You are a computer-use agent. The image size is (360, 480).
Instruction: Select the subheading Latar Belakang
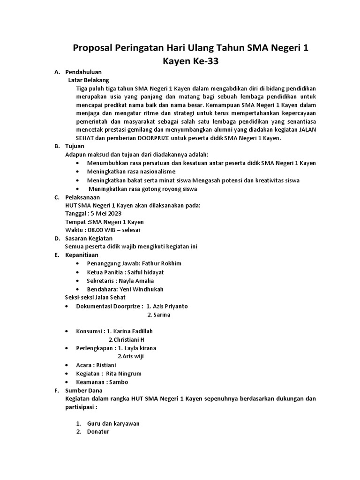pos(89,80)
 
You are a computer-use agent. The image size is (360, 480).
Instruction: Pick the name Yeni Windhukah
pos(142,289)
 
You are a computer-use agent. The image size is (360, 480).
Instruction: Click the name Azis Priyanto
pos(167,306)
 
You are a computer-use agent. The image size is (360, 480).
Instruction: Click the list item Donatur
pos(98,432)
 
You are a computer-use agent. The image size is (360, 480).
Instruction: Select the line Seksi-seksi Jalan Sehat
pos(95,297)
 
